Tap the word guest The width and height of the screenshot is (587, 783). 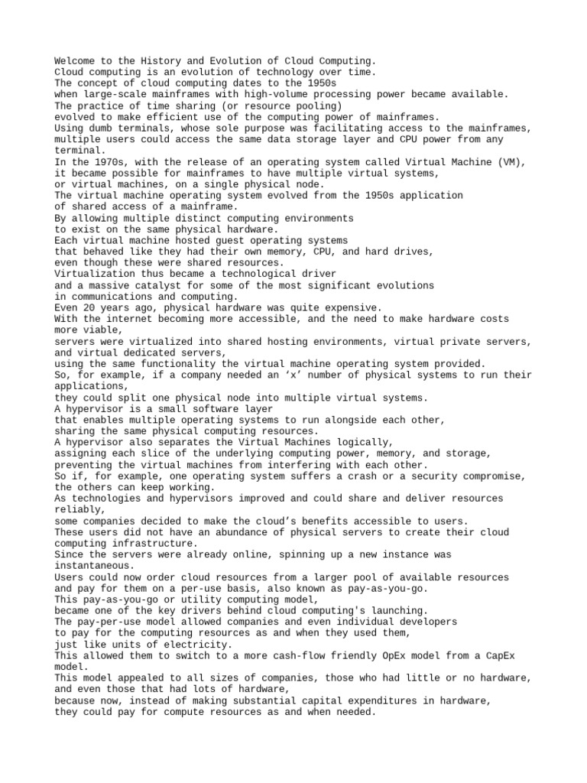[222, 240]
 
